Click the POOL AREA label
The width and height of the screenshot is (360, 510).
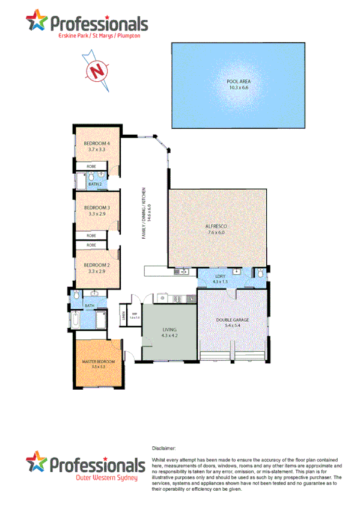(238, 81)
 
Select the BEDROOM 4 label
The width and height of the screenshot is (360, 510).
(96, 143)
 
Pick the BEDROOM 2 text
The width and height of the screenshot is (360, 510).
(96, 265)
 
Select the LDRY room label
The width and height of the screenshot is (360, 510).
(220, 276)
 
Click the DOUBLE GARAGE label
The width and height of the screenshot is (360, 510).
(232, 319)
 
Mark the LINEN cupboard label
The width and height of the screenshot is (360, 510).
(123, 315)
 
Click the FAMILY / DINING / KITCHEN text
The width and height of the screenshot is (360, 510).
(144, 214)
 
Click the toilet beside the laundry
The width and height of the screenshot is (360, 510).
(261, 274)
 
